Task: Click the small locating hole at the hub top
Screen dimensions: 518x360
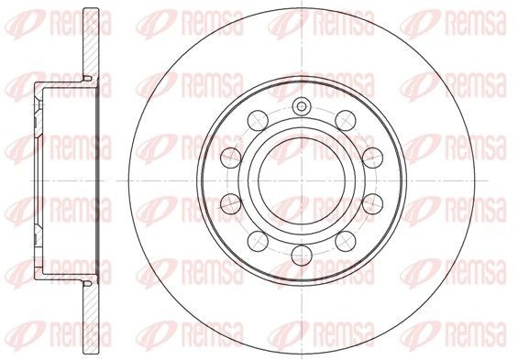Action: pyautogui.click(x=302, y=106)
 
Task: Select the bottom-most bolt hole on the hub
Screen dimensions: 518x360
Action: pyautogui.click(x=302, y=256)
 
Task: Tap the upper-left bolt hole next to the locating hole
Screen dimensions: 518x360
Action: pyautogui.click(x=258, y=120)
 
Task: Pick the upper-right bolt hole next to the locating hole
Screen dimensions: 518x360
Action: pyautogui.click(x=346, y=120)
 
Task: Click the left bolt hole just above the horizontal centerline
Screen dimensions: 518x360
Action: pyautogui.click(x=231, y=158)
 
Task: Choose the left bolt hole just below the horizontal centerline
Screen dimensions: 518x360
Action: pyautogui.click(x=231, y=203)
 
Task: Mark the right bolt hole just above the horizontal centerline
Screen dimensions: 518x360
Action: pyautogui.click(x=372, y=158)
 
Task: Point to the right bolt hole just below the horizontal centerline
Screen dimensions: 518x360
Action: pyautogui.click(x=372, y=203)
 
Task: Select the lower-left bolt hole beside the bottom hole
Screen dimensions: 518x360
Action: pyautogui.click(x=258, y=241)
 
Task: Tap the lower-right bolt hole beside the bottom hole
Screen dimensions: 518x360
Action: pyautogui.click(x=346, y=241)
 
